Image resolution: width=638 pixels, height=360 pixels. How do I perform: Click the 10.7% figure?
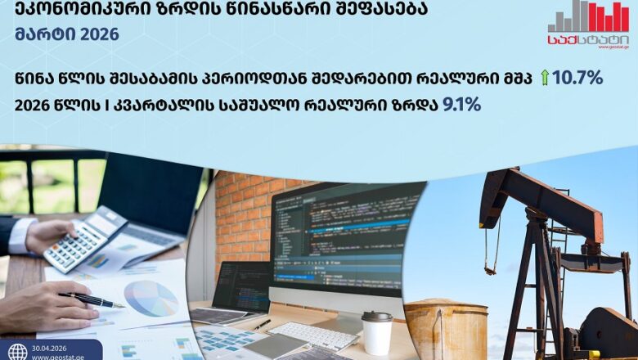point(578,78)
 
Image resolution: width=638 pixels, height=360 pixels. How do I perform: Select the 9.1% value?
point(461,105)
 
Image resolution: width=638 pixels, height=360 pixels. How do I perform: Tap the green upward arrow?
point(545,78)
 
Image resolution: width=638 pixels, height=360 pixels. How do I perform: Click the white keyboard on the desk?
point(312,335)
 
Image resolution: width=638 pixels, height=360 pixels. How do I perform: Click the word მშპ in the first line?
point(517,78)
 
